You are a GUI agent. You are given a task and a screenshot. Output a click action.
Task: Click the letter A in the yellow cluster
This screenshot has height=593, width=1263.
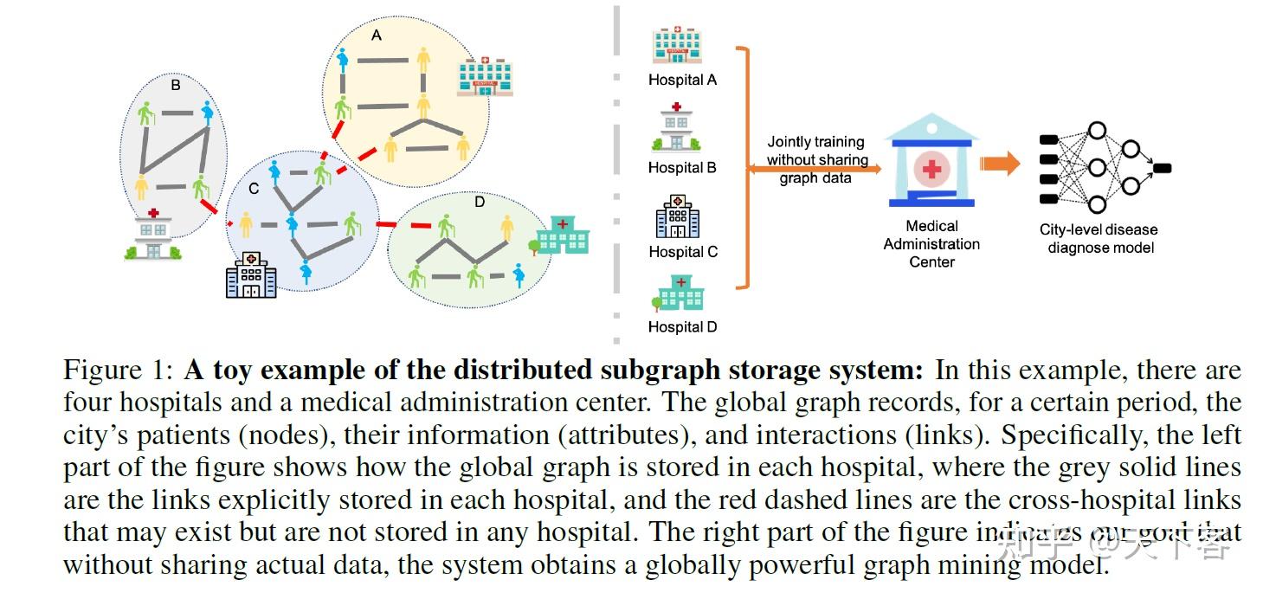click(x=376, y=35)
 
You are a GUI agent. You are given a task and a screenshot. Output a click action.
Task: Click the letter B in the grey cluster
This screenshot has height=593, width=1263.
click(x=176, y=86)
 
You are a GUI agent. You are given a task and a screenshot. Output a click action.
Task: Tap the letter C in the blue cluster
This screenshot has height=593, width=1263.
click(x=253, y=189)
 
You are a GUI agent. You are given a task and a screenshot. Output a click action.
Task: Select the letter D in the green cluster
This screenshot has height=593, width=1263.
click(x=480, y=203)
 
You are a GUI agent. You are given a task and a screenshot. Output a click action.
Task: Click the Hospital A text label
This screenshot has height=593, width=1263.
click(x=682, y=80)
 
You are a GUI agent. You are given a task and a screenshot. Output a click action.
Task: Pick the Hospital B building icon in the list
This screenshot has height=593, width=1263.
click(x=676, y=128)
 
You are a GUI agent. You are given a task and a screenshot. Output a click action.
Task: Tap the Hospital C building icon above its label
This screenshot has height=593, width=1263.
click(x=678, y=216)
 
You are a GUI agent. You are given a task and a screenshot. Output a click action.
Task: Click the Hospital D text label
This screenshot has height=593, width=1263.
click(x=682, y=327)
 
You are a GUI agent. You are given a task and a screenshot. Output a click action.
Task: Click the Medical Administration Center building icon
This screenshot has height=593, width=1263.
click(x=931, y=164)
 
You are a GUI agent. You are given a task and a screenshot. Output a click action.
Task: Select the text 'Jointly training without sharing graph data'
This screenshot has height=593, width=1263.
click(x=815, y=159)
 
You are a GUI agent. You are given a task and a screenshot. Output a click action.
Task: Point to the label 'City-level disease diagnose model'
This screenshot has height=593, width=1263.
click(x=1099, y=238)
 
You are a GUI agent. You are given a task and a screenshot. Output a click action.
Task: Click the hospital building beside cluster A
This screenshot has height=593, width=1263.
click(x=485, y=75)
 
